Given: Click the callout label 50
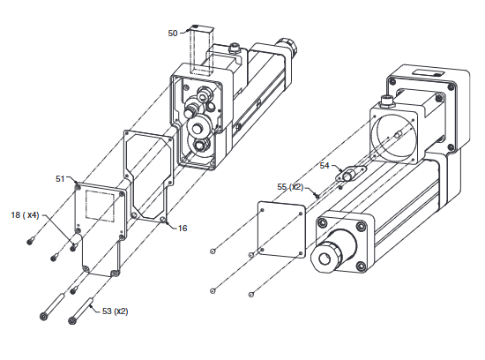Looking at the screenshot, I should tap(174, 33).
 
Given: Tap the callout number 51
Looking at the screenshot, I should tap(61, 178).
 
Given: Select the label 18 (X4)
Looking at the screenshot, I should tap(25, 214).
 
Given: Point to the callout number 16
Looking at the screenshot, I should tap(183, 228).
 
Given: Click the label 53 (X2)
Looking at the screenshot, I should tap(115, 311).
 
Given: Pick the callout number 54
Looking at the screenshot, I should tap(325, 165).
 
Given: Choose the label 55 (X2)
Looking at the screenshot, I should tap(291, 187).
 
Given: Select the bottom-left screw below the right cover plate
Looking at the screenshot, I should tap(213, 289).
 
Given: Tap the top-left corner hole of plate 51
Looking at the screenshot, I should tap(79, 186).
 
